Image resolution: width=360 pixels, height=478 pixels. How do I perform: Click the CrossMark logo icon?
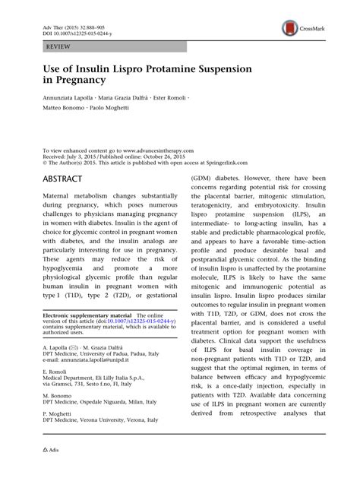(289, 28)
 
